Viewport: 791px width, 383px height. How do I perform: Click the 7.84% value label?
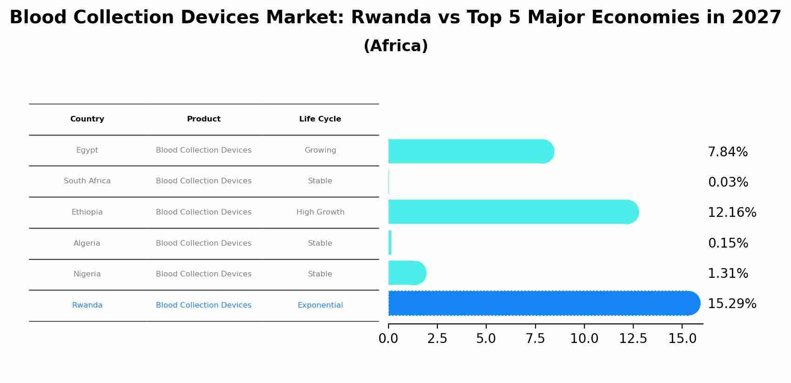727,152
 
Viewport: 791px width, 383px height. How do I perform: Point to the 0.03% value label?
728,182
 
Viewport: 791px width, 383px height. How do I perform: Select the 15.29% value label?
731,304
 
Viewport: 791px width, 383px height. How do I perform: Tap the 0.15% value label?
728,243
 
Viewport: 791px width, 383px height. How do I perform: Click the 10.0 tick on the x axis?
584,339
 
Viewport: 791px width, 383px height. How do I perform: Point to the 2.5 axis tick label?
437,339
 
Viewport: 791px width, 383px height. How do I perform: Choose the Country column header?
87,119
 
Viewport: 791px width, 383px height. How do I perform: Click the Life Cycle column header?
320,119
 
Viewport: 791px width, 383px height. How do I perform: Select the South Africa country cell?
87,181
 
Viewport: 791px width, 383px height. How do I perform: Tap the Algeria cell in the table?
87,243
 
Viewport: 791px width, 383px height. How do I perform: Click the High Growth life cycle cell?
320,212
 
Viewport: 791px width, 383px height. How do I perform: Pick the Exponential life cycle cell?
320,305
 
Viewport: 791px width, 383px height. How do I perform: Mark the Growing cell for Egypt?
320,150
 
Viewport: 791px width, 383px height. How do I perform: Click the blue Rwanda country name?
87,305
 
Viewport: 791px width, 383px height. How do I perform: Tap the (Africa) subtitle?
395,46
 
